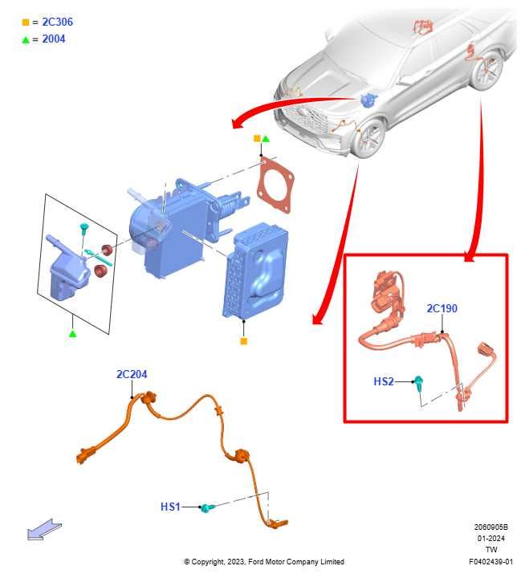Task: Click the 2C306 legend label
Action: click(58, 22)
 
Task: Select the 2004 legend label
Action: click(54, 39)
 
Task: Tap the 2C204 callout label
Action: click(132, 374)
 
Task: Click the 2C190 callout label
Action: click(442, 308)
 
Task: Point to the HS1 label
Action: click(170, 507)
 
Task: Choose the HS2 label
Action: click(384, 381)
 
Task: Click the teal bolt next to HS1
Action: click(208, 507)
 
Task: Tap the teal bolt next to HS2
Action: click(418, 383)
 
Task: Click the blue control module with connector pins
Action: click(256, 271)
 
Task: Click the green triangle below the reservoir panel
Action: click(73, 333)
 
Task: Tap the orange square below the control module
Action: click(244, 341)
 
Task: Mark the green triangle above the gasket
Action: click(266, 139)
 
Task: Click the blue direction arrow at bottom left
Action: click(44, 529)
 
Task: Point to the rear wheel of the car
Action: click(487, 71)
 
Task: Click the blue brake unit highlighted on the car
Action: click(368, 100)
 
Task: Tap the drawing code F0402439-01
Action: click(490, 561)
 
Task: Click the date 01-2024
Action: click(490, 539)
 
